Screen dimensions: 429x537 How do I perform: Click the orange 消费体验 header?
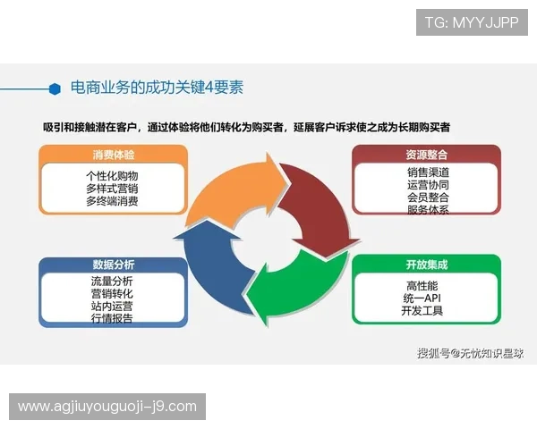pos(113,155)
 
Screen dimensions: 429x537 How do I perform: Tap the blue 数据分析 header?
pos(113,265)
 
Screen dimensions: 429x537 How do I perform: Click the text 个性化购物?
pos(113,176)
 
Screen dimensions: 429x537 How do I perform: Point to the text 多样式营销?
pos(113,189)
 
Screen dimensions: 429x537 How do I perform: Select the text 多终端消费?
pos(113,202)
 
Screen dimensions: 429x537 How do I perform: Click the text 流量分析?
pos(112,282)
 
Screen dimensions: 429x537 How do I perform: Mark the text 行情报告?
pos(112,319)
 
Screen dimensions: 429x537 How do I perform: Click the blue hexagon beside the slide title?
pos(55,88)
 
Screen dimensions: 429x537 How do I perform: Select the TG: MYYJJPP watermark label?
pos(472,21)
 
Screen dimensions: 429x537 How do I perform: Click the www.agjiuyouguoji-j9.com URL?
pos(107,407)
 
